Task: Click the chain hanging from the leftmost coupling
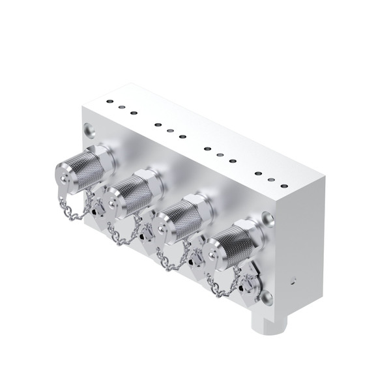[x=73, y=212]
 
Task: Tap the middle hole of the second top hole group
[x=169, y=130]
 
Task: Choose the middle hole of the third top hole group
[x=220, y=155]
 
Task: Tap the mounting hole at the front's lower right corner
[x=266, y=298]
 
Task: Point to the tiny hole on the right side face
[x=293, y=283]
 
